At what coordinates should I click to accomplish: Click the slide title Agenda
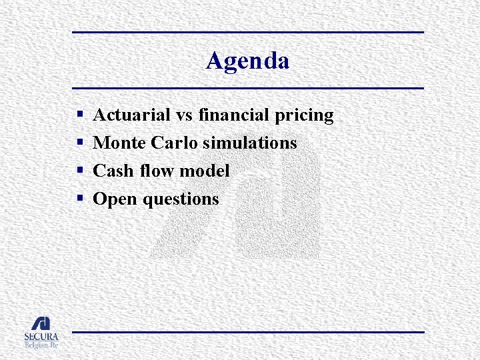247,61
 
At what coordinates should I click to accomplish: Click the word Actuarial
131,115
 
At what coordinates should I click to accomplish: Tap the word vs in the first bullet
185,115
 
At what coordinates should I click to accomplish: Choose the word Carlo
173,143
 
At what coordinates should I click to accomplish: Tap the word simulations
249,143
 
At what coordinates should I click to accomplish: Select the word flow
153,171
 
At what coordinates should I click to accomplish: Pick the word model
203,171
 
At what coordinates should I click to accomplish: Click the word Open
114,199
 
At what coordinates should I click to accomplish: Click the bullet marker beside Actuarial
79,116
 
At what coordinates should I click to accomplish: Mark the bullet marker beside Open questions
79,199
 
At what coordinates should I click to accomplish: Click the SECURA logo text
41,337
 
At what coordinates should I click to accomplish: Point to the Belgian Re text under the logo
41,345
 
